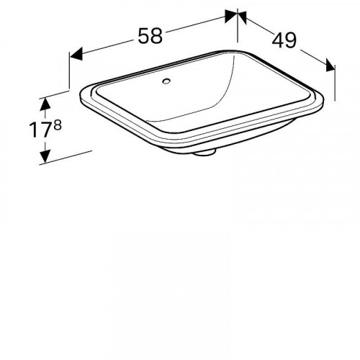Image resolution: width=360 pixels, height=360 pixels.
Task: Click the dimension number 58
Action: coord(150,36)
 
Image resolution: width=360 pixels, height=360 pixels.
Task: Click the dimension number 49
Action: coord(284,40)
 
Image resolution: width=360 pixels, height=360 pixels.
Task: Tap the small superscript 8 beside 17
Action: coord(58,125)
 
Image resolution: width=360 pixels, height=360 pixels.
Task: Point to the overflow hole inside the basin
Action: coord(166,81)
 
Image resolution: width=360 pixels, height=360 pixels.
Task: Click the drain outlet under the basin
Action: coord(204,153)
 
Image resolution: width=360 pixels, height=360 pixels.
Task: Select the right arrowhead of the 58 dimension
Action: coord(230,17)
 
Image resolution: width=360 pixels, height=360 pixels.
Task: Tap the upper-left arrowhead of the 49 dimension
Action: coord(242,17)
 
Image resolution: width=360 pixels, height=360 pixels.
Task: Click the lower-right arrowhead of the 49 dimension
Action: coord(330,66)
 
